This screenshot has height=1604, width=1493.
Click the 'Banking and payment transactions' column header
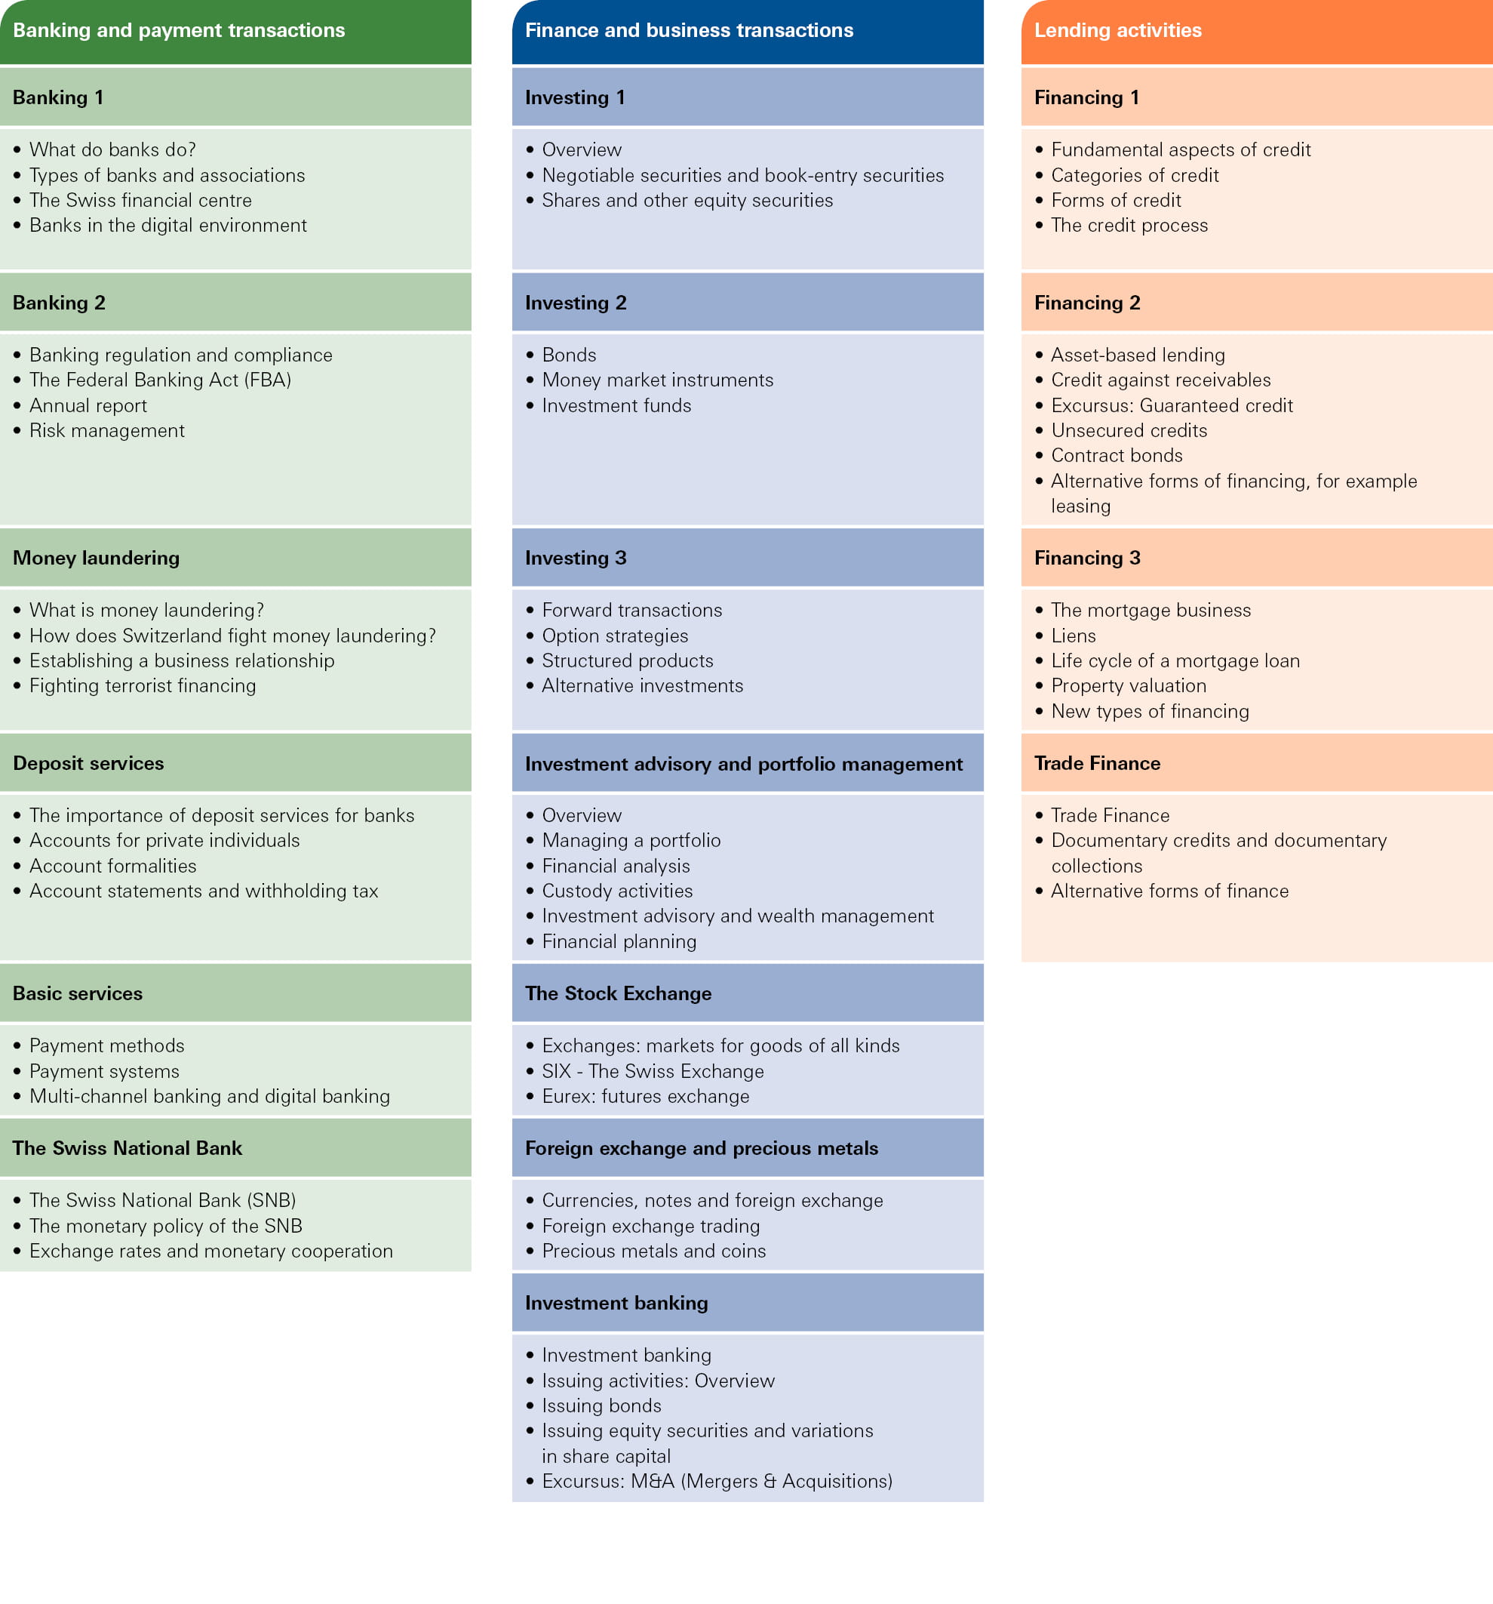(179, 31)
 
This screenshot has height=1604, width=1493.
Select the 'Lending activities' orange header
(1118, 31)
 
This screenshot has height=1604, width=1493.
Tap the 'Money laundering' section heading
(96, 558)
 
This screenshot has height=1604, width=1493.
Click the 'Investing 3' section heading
(575, 558)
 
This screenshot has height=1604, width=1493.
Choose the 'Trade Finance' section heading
(1097, 763)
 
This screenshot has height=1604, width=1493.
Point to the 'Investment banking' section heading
(616, 1303)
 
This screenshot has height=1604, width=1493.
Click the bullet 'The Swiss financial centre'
(140, 200)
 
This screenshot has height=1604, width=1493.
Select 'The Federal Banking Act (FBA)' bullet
(160, 380)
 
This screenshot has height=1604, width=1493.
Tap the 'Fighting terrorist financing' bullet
(143, 686)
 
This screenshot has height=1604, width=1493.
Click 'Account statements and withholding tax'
(203, 891)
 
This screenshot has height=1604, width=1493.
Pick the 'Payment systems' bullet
(104, 1072)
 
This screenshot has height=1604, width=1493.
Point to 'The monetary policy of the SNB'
(165, 1227)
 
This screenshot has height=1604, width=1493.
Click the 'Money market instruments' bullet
(657, 380)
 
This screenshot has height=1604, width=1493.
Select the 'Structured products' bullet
(628, 660)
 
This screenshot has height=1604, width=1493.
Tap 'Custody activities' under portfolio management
(617, 891)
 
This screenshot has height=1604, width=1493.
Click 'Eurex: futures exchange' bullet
(645, 1097)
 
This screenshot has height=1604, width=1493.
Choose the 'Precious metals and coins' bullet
(653, 1251)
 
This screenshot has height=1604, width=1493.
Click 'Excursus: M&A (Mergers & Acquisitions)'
(717, 1482)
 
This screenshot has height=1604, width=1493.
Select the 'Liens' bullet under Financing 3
(1073, 636)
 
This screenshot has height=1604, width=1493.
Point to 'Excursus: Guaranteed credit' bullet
(1171, 406)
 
